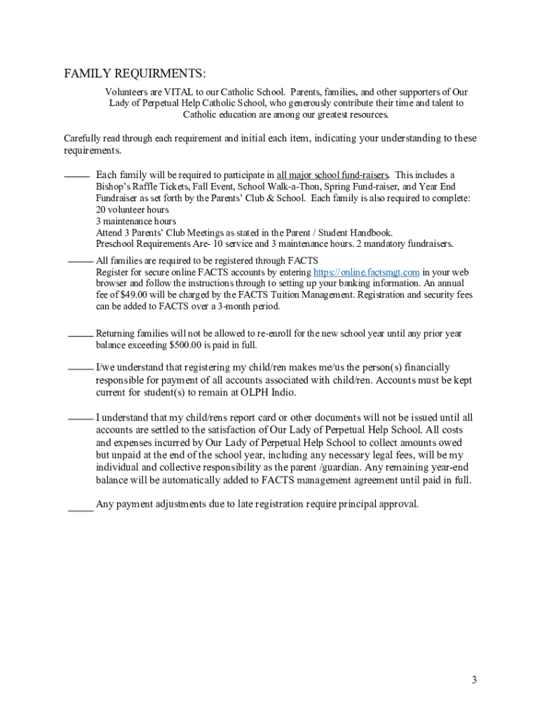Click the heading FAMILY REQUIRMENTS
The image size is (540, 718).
pos(135,74)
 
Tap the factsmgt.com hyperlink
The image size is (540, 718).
pos(366,272)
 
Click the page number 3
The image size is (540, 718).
pos(474,679)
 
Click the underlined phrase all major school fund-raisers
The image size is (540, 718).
pos(332,175)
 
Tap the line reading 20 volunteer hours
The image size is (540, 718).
pos(132,210)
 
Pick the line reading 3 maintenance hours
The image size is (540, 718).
pos(136,221)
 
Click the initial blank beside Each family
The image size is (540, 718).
pos(76,176)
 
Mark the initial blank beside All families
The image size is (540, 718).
pos(80,261)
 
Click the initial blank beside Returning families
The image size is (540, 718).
pos(80,335)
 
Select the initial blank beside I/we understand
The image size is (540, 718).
pos(80,368)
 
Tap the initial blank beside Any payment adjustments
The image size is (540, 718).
pos(80,510)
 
